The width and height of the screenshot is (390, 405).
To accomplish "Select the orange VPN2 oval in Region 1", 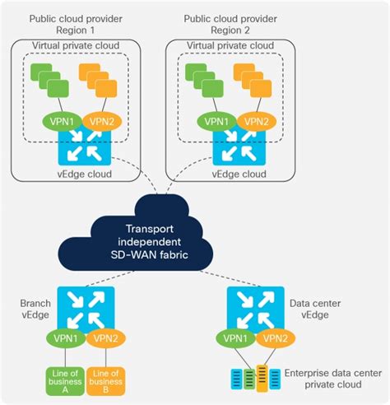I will pyautogui.click(x=101, y=120).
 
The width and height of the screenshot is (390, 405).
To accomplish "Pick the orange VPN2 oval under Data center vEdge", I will pyautogui.click(x=274, y=338).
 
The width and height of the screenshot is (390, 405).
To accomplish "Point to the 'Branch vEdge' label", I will pyautogui.click(x=35, y=309).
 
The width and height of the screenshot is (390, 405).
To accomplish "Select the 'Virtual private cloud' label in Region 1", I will pyautogui.click(x=75, y=44).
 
